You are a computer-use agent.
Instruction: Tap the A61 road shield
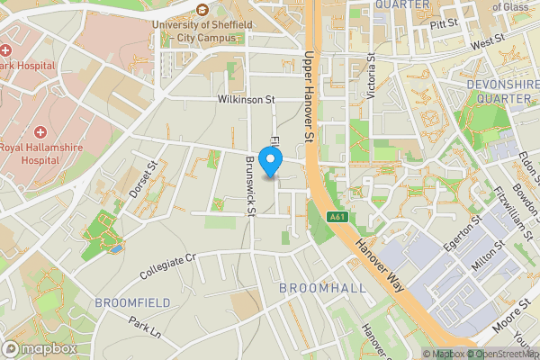[337, 217]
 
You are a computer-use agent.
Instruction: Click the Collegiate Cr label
[168, 265]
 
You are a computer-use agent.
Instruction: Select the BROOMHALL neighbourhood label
[322, 287]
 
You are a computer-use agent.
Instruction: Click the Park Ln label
[144, 326]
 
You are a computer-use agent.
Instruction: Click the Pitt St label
[444, 22]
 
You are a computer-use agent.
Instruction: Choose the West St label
[487, 42]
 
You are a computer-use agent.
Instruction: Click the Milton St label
[487, 254]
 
